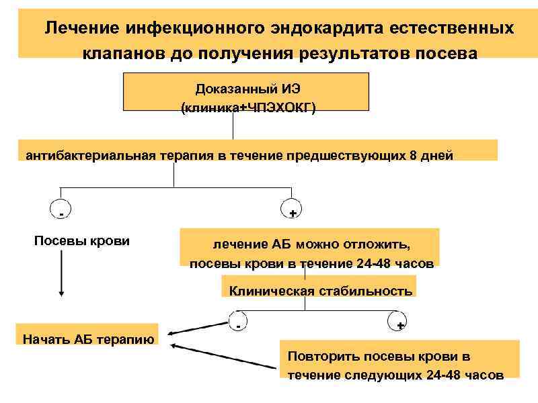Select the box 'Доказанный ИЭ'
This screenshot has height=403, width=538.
point(246,91)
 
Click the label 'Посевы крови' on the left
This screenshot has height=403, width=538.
point(82,240)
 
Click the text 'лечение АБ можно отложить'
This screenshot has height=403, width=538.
point(311,243)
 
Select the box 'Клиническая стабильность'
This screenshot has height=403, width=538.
point(320,291)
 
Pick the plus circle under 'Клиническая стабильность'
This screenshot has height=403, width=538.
point(399,322)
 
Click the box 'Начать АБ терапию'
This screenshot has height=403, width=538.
point(88,338)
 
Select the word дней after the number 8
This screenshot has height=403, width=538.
point(436,155)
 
